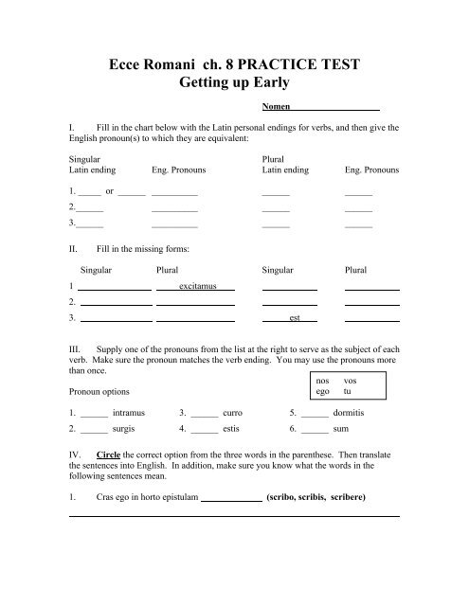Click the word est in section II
point(295,318)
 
